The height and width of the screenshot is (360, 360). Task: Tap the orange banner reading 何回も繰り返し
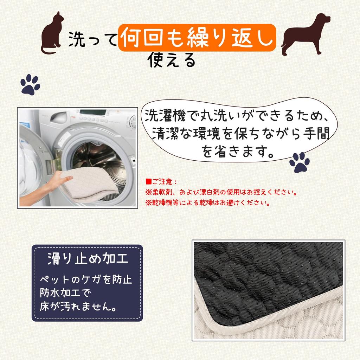click(197, 38)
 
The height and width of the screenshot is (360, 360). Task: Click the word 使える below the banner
click(172, 60)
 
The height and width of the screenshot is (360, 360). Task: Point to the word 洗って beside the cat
click(93, 39)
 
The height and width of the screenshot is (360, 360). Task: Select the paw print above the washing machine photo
click(30, 84)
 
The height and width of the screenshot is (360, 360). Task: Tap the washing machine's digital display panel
click(93, 113)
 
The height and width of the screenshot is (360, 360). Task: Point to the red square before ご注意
click(149, 182)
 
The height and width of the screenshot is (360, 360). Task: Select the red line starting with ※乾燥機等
click(207, 202)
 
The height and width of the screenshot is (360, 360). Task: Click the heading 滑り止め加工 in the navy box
click(88, 259)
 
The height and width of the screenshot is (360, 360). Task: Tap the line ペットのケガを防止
click(86, 279)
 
